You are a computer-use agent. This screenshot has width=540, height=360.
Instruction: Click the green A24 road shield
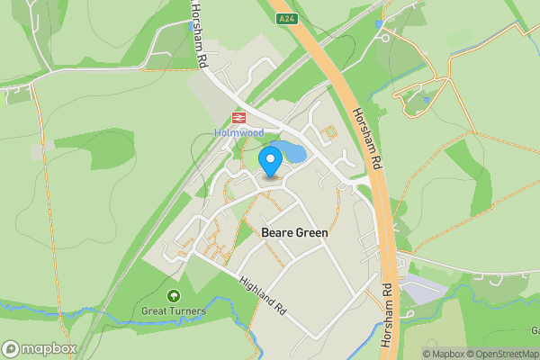[286, 17]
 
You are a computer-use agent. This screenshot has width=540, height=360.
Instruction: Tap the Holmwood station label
[238, 132]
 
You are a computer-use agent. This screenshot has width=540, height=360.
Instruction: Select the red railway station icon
[239, 117]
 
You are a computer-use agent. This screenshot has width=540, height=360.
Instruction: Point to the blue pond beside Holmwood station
[288, 151]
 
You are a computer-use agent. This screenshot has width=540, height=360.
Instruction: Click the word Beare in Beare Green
[276, 232]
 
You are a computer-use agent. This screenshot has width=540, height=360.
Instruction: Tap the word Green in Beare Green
[311, 232]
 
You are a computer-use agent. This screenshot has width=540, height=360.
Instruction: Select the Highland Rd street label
[263, 294]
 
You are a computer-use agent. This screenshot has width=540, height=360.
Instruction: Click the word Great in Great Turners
[157, 311]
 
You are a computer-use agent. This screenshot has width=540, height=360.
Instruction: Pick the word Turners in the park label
[190, 311]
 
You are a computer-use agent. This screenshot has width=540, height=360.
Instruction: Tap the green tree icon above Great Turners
[173, 295]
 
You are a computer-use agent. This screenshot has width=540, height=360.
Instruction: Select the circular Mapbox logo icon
[11, 348]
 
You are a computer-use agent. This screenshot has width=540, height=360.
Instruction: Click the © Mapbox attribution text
[445, 354]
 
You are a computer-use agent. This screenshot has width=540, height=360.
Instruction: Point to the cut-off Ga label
[535, 329]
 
